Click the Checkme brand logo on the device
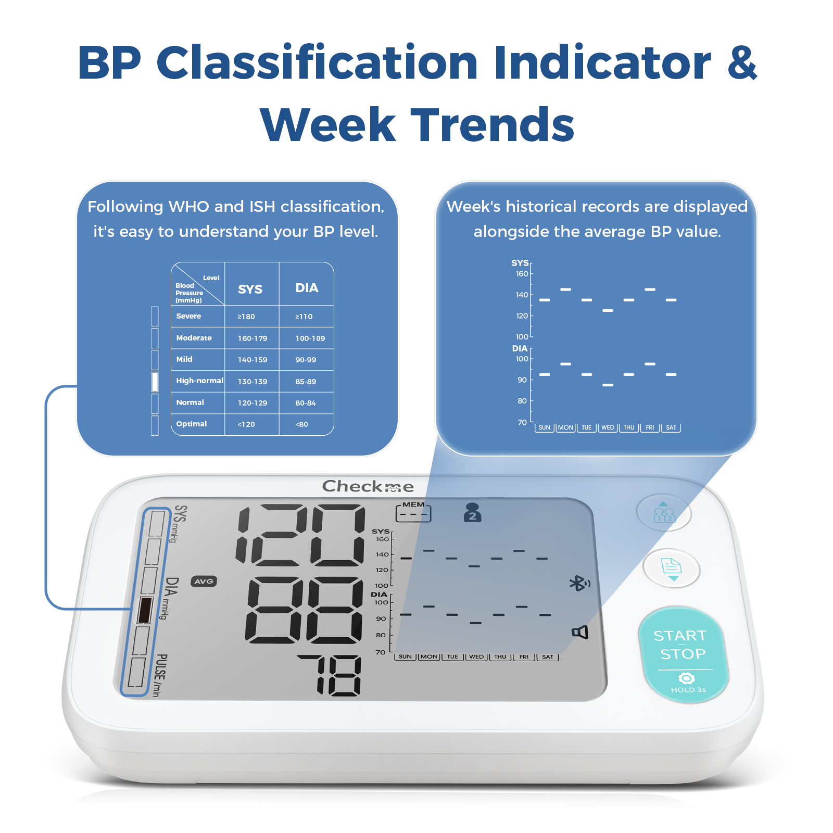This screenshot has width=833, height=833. tap(368, 486)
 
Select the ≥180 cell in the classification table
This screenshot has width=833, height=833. tap(246, 317)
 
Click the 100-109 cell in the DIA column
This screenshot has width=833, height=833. tap(310, 338)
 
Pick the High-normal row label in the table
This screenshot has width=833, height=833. tap(199, 381)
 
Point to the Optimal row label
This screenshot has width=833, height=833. tap(192, 424)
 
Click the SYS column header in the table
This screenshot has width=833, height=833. tap(250, 289)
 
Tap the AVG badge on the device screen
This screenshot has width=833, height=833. tap(204, 582)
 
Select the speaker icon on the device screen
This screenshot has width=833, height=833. tap(580, 632)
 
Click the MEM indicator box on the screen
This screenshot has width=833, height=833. tap(413, 513)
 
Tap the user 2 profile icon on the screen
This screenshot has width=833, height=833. tap(472, 512)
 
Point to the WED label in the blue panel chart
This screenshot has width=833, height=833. tap(608, 427)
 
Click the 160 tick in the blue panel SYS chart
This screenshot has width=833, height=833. tap(522, 274)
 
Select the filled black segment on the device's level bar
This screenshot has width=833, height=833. tap(145, 610)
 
